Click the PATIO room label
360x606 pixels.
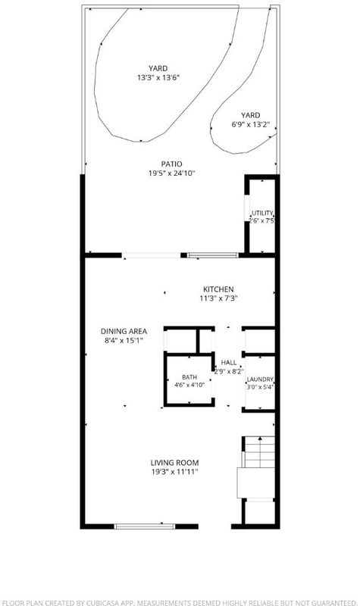(171, 164)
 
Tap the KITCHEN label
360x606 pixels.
(218, 289)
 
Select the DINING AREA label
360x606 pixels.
(124, 331)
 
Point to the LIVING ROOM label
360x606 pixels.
(174, 463)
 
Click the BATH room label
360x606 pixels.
(189, 377)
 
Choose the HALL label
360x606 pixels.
(229, 363)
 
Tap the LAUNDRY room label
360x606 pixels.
(260, 380)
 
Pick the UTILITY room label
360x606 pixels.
(262, 213)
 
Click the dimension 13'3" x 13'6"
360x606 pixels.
(158, 78)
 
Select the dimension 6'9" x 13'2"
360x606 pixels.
(251, 124)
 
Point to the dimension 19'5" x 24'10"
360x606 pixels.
(171, 173)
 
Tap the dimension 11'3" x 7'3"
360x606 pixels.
(218, 298)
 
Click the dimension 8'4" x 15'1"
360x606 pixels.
(124, 340)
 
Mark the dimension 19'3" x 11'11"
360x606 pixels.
(174, 472)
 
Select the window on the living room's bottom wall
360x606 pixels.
(145, 526)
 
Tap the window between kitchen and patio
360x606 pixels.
(212, 255)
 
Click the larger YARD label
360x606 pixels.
(158, 68)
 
